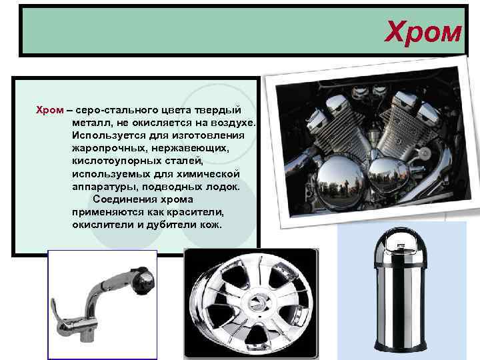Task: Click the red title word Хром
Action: (423, 32)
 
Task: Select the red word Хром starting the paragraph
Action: (50, 110)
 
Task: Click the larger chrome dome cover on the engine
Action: (339, 181)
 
